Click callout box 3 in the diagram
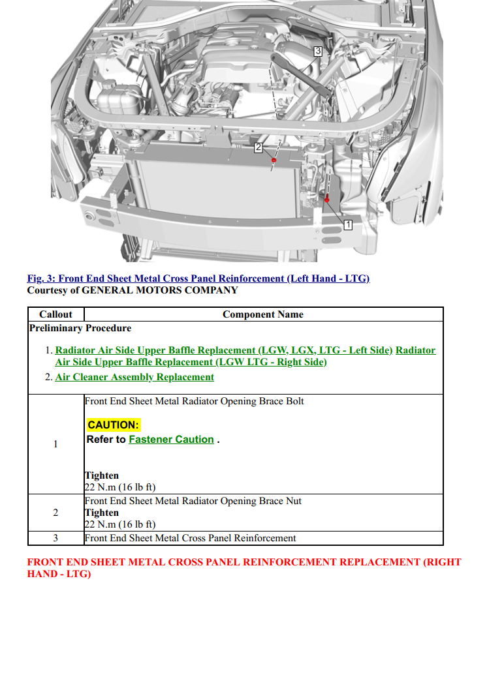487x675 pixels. click(318, 51)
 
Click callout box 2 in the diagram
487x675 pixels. click(258, 148)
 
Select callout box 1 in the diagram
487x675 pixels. click(348, 224)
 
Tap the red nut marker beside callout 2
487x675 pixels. click(274, 160)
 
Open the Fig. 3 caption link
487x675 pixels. click(198, 278)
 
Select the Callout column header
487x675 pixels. click(55, 314)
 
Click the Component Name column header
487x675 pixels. click(262, 314)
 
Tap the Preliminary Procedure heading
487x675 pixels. click(80, 328)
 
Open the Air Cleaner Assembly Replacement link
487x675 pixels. click(134, 377)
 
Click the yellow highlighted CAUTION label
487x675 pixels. click(114, 425)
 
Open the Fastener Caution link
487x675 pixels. click(171, 440)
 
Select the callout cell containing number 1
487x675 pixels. click(55, 444)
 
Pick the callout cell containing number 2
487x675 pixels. click(55, 513)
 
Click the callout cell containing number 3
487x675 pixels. click(55, 538)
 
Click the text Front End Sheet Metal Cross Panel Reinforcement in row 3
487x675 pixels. click(190, 538)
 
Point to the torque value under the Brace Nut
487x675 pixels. click(120, 524)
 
